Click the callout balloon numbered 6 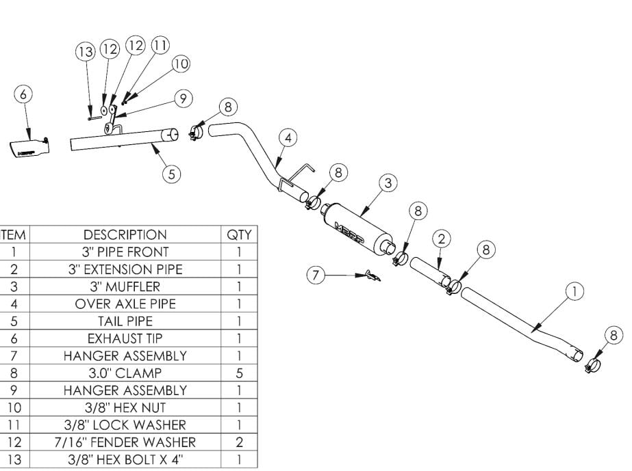[x=23, y=94]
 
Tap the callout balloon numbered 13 [x=86, y=51]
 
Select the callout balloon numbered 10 [x=181, y=64]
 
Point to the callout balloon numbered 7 [x=316, y=275]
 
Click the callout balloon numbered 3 [x=388, y=183]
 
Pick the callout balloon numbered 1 [x=574, y=291]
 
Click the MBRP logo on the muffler [x=349, y=232]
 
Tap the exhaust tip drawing [x=29, y=148]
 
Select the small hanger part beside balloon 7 [x=372, y=275]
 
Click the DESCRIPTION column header [x=125, y=234]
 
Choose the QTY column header [x=239, y=234]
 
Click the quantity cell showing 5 [x=239, y=373]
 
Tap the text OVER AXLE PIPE [x=125, y=304]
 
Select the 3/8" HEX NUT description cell [x=125, y=408]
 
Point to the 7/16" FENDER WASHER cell [x=125, y=442]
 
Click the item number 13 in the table [x=14, y=459]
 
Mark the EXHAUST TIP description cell [x=125, y=338]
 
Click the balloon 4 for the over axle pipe [x=288, y=138]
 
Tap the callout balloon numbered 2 [x=442, y=239]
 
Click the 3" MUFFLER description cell [x=125, y=286]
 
